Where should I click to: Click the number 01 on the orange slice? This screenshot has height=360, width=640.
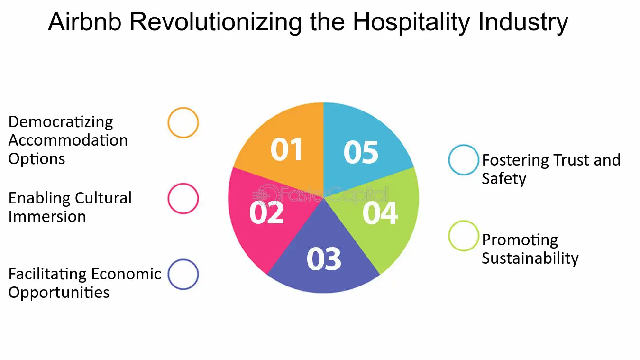coord(286,149)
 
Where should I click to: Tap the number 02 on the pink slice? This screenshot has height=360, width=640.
coord(266,213)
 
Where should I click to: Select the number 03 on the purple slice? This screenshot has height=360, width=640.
coord(324,259)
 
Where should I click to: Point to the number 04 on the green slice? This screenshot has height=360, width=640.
coord(380,213)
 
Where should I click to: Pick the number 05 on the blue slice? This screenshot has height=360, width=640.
coord(361,152)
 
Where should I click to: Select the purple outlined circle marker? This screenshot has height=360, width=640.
coord(183,261)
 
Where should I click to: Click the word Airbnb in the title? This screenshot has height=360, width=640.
coord(84,22)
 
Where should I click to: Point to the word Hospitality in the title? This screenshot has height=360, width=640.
coord(411,23)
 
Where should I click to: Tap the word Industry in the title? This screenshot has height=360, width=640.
coord(523,23)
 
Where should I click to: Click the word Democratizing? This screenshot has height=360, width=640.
coord(61,122)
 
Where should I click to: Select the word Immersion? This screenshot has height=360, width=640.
coord(47,216)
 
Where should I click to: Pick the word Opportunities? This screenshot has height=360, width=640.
coord(59,293)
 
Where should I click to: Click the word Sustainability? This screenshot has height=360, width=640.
coord(530,258)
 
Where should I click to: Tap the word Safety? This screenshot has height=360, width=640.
coord(504,179)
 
